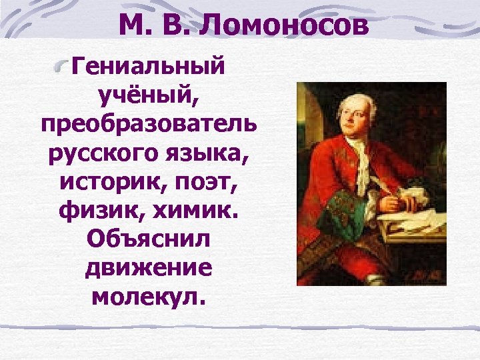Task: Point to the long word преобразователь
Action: [x=150, y=127]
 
